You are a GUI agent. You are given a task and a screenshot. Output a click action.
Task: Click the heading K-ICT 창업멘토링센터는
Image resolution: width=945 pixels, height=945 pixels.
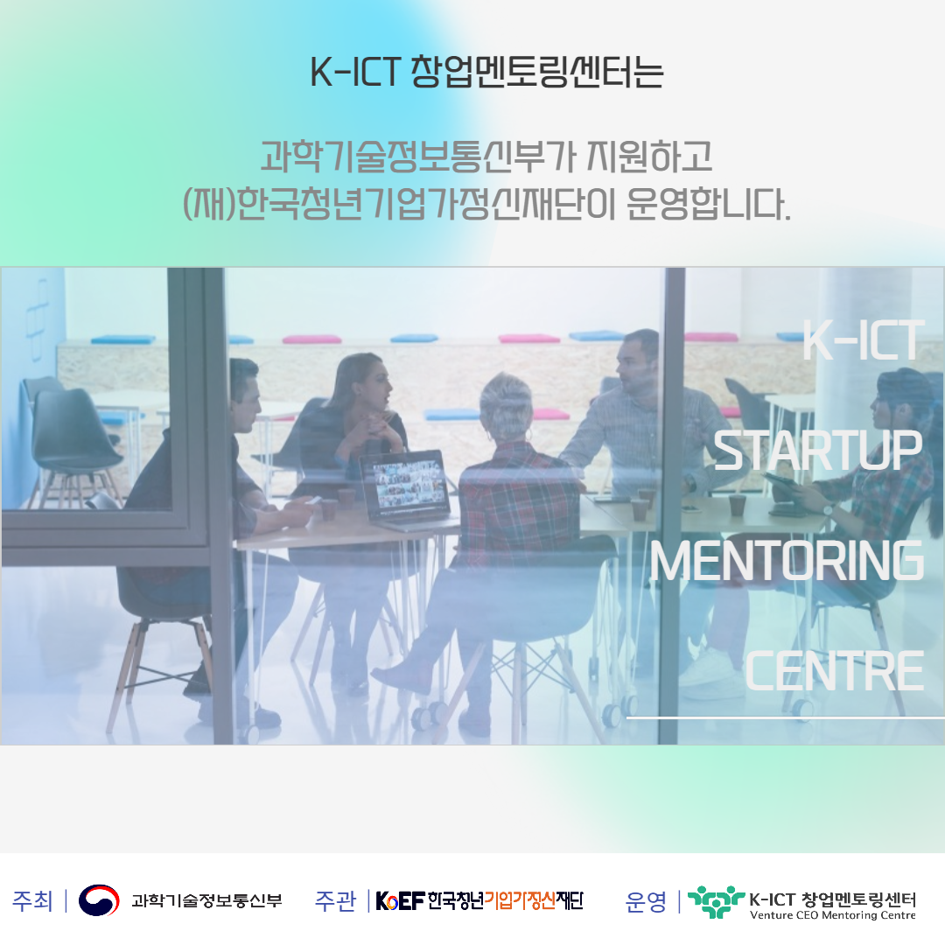(486, 73)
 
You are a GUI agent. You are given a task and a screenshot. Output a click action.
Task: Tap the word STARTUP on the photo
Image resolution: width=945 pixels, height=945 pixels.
(817, 451)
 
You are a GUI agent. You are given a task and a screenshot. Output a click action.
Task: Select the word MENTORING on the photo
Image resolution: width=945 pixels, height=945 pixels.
(787, 561)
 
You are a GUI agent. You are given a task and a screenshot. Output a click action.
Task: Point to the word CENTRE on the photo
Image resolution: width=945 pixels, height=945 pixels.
(834, 671)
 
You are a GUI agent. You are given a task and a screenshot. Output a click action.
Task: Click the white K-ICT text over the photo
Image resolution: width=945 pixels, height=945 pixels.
(863, 340)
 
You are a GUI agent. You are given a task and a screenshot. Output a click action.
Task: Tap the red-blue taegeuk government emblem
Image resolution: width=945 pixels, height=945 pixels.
(99, 899)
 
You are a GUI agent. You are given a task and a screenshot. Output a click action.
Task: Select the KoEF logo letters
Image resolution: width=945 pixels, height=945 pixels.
(400, 901)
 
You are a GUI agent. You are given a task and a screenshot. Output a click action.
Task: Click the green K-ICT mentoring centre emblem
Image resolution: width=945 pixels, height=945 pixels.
(716, 901)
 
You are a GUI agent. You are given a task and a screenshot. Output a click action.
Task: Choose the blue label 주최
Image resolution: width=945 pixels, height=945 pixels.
(32, 901)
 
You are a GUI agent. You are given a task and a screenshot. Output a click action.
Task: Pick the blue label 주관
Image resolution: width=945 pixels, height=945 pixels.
(336, 901)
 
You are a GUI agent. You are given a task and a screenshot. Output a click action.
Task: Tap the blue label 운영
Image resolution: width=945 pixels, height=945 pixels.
(646, 901)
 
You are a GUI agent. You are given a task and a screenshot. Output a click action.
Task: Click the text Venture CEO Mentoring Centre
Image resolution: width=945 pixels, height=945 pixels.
(832, 915)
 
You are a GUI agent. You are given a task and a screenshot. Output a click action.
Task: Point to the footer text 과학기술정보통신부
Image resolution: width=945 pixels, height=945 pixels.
(206, 900)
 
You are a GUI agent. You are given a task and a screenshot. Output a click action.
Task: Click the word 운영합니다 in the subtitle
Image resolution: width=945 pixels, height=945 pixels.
(708, 204)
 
